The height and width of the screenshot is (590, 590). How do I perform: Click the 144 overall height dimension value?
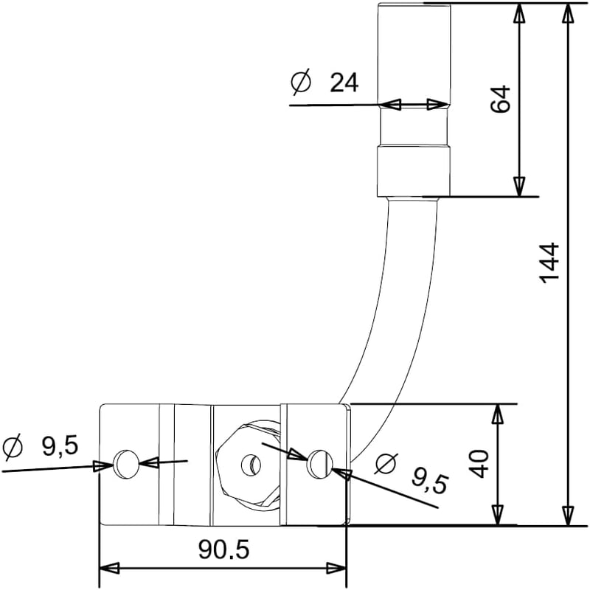click(549, 263)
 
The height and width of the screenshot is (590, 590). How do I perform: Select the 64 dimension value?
click(501, 99)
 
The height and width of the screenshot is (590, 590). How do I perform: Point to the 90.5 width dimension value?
click(224, 549)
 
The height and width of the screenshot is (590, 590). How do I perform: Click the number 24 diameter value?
click(344, 83)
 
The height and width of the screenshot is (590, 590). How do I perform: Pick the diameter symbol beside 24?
click(302, 81)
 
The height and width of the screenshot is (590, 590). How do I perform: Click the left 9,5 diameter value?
click(60, 447)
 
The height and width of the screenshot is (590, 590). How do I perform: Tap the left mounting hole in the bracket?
click(126, 464)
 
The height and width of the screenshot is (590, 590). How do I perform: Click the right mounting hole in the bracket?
click(320, 463)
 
